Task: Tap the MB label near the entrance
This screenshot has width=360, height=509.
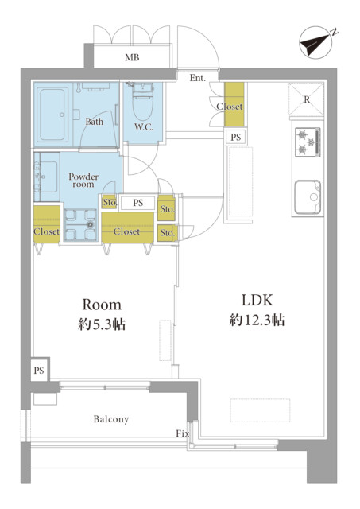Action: pos(133,58)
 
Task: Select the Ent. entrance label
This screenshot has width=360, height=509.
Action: pos(198,78)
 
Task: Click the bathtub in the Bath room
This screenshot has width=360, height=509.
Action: pos(53,115)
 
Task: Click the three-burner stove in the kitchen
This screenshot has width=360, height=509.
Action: pos(308,142)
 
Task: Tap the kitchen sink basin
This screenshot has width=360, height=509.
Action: pos(308,197)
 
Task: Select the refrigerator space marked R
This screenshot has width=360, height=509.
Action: pos(307,99)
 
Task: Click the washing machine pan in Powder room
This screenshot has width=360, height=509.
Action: pos(80,224)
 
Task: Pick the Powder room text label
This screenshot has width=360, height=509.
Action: pos(83,181)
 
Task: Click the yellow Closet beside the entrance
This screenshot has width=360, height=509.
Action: pos(234,104)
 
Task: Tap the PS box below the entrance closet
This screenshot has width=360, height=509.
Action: pos(236,138)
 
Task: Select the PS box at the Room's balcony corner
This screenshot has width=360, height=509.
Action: pos(39,371)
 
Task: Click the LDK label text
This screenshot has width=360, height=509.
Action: pos(257,301)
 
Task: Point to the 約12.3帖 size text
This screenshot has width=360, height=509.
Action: pos(257,321)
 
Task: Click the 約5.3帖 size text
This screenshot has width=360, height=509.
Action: pos(102,324)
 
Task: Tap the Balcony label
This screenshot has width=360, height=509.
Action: pos(111,419)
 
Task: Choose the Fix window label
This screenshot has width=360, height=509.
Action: pos(182,433)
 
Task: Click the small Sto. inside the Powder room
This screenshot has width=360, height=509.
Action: pos(110,202)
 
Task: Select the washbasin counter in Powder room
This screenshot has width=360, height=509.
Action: pos(47,177)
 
